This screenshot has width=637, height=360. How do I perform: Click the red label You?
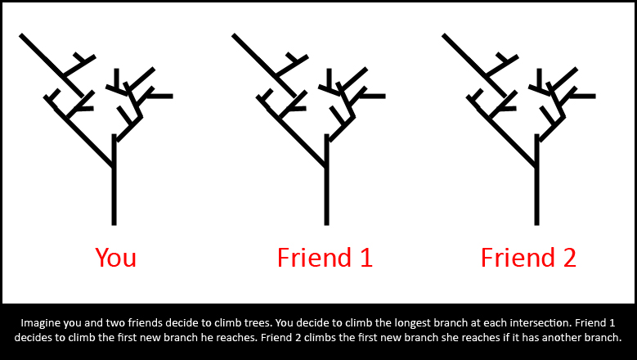[116, 257]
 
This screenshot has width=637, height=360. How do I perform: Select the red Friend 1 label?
[325, 257]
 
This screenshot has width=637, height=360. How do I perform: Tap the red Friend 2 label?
[528, 257]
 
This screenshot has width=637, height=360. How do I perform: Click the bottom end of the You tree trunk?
[114, 224]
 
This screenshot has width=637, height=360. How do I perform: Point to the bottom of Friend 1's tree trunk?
[326, 224]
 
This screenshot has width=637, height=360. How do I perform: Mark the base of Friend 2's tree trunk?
[536, 224]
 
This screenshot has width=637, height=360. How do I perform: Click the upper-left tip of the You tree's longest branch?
[21, 35]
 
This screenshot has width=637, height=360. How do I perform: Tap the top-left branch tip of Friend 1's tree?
[234, 35]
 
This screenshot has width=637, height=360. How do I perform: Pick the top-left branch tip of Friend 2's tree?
[444, 35]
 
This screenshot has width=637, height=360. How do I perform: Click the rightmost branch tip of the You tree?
[173, 97]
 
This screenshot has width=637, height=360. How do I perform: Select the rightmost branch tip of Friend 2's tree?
[594, 97]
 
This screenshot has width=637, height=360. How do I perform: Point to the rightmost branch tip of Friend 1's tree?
[384, 97]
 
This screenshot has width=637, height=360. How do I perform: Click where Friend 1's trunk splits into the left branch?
[325, 166]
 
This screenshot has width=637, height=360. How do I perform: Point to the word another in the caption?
[562, 338]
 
